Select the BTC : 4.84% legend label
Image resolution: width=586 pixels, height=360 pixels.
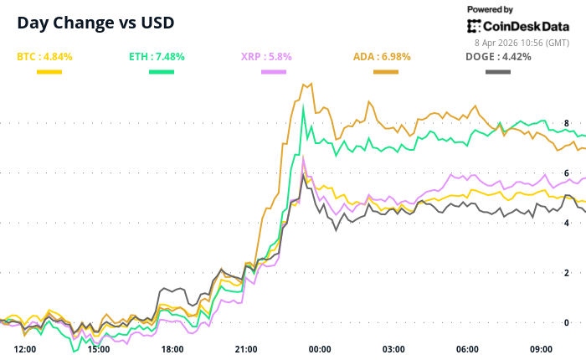(x=45, y=57)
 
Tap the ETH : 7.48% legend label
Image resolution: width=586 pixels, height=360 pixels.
(x=157, y=57)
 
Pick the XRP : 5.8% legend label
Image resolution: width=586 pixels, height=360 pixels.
(x=267, y=57)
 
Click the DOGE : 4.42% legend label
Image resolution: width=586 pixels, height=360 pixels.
(x=496, y=57)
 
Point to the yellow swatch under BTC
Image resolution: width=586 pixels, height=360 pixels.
(x=49, y=73)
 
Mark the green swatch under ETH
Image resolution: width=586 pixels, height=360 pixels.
(x=162, y=73)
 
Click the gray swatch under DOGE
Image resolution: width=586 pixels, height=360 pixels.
(x=499, y=73)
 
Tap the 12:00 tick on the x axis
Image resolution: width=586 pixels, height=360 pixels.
(x=25, y=349)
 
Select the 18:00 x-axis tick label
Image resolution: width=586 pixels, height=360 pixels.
(x=172, y=349)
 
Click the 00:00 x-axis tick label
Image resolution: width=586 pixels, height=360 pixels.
(x=320, y=349)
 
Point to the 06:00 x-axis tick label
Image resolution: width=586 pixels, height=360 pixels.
(x=467, y=349)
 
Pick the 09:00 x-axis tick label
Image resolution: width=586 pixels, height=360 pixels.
(x=541, y=349)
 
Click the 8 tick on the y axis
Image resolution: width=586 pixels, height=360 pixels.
(x=567, y=123)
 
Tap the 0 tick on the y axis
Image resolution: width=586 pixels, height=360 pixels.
(x=567, y=322)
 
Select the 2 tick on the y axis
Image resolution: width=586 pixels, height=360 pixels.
(x=567, y=273)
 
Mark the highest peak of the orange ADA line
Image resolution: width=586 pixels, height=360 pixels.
(x=311, y=83)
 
